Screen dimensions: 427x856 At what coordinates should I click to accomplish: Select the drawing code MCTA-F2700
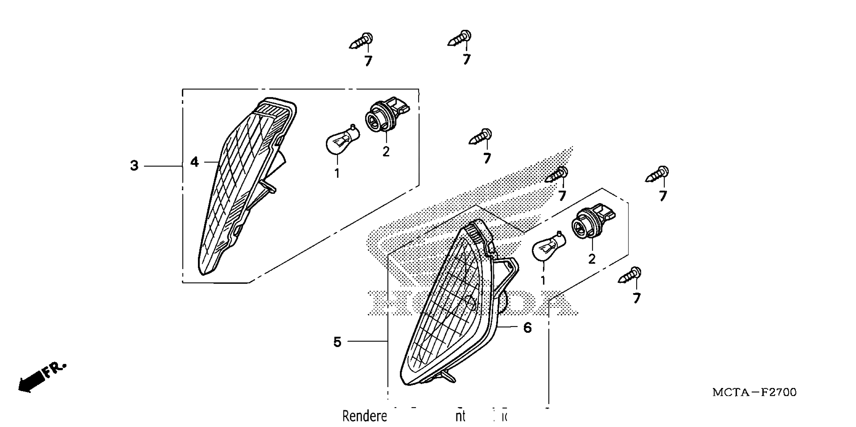[754, 392]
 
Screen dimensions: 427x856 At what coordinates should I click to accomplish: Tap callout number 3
[134, 166]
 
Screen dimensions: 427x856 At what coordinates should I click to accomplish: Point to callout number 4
[194, 162]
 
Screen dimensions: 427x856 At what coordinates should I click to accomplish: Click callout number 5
[337, 342]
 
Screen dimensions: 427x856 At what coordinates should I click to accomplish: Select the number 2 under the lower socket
[592, 259]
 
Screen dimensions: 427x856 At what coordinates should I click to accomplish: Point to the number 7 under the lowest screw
[636, 298]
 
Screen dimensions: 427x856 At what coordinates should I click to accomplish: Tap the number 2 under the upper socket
[386, 152]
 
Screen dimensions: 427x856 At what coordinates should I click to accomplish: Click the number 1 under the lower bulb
[543, 281]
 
